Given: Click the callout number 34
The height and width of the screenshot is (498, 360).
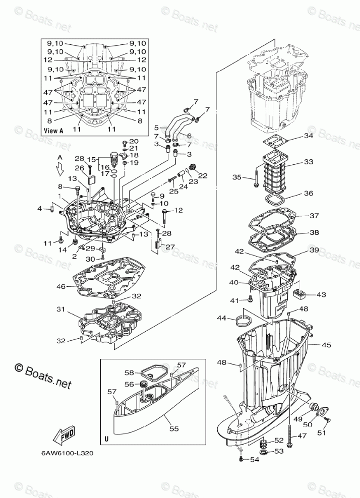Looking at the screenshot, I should click(x=309, y=137).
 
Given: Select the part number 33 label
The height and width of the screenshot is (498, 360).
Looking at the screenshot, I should click(x=309, y=162).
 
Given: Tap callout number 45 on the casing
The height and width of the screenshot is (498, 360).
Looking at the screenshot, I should click(x=326, y=345).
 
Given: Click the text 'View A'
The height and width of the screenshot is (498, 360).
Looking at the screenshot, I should click(x=54, y=130).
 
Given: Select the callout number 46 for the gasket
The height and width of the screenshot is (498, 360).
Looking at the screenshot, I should click(x=61, y=286).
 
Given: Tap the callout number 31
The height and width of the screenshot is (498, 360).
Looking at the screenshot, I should click(x=61, y=309).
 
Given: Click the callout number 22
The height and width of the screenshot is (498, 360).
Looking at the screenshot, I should click(x=203, y=175).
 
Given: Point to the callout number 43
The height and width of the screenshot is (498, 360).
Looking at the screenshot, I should click(x=321, y=294).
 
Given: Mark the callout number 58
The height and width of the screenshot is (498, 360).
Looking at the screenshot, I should click(x=129, y=372).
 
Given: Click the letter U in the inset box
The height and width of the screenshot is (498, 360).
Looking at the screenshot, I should click(x=106, y=439).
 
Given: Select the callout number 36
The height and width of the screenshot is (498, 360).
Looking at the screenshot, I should click(x=309, y=194).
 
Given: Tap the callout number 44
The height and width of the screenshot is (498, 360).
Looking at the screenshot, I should click(x=221, y=318).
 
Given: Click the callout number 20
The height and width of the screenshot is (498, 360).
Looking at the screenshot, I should click(x=134, y=141).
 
